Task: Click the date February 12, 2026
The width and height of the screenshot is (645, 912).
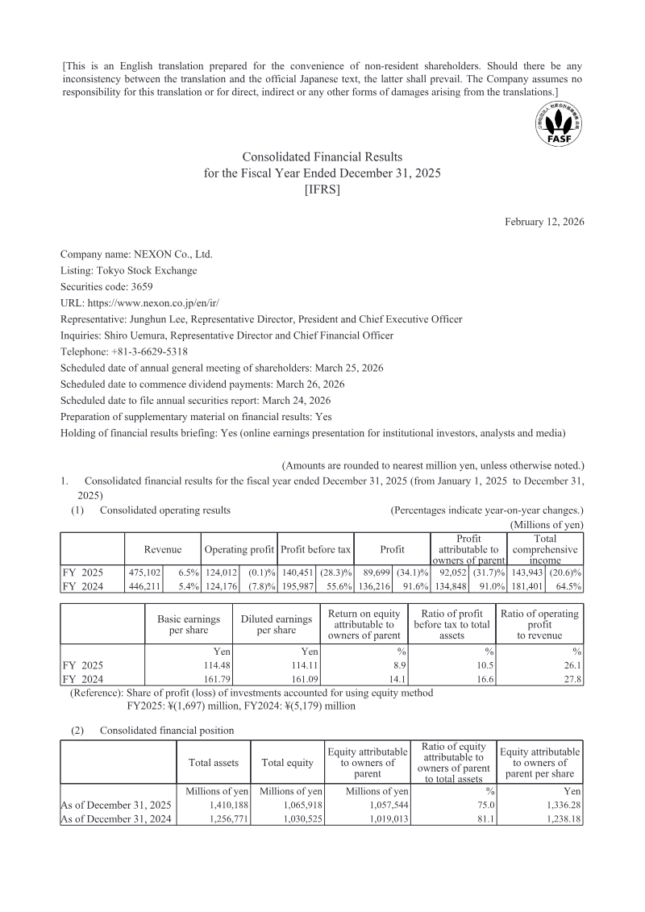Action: (544, 222)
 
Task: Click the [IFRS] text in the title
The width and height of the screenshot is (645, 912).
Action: (322, 189)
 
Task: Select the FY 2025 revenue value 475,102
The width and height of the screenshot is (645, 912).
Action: (145, 572)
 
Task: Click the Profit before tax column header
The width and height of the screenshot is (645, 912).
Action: (315, 549)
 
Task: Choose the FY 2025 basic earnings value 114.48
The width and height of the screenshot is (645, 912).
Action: (203, 665)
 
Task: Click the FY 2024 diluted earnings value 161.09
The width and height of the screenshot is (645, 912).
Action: (293, 679)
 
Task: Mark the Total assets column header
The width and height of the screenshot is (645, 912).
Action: (212, 762)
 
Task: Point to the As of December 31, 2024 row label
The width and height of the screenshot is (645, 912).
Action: (116, 818)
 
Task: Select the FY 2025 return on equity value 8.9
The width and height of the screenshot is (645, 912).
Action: (389, 665)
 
